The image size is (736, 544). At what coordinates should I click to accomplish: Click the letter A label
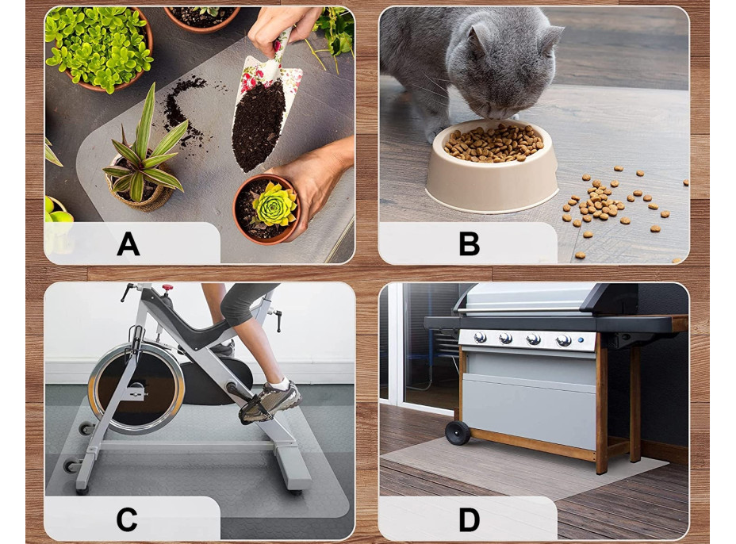point(128,243)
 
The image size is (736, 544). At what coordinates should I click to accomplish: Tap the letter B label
point(469,243)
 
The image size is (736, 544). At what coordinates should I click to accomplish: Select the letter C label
point(127,519)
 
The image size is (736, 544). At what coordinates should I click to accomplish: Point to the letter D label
point(469,519)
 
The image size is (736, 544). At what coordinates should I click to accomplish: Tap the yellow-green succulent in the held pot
point(274,204)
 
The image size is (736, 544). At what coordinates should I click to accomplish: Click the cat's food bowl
point(492,167)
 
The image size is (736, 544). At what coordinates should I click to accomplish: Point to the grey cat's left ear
point(479,39)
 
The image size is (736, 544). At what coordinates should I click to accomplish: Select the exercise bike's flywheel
point(136,387)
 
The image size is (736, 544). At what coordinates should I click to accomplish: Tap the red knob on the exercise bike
point(167,287)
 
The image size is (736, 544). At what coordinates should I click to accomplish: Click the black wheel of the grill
point(458,433)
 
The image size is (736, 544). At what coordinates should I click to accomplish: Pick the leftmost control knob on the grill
point(480,337)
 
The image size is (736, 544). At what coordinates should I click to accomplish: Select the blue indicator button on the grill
point(581,340)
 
